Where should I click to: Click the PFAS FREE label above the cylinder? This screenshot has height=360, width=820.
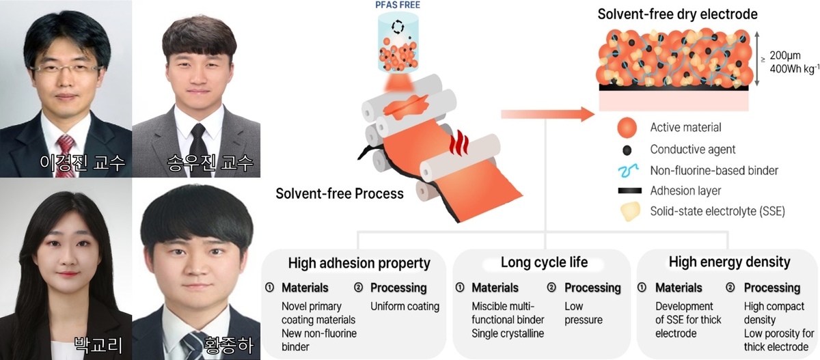click(x=397, y=5)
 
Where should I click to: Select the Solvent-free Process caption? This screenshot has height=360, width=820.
click(x=340, y=193)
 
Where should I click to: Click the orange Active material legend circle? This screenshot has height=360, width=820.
click(x=626, y=128)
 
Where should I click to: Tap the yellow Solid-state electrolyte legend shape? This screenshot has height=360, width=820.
click(x=627, y=211)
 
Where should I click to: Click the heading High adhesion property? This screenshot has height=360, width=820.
click(x=359, y=263)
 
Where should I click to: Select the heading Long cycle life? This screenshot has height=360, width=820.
click(x=544, y=262)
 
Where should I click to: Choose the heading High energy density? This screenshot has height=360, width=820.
click(x=729, y=262)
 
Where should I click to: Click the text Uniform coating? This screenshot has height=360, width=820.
click(x=405, y=306)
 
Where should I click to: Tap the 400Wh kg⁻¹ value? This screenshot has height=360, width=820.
click(x=794, y=68)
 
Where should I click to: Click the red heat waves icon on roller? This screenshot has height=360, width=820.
click(x=461, y=144)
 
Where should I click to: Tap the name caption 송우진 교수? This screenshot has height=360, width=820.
click(x=210, y=163)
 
